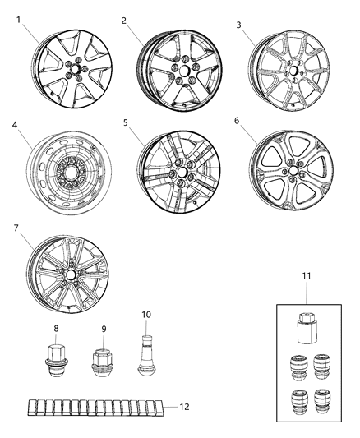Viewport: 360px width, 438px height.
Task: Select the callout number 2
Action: pos(123,20)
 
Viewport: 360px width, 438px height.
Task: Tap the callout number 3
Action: pos(238,25)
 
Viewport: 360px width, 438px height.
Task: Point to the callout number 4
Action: pos(16,126)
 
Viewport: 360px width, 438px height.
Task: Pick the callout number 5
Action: pos(125,123)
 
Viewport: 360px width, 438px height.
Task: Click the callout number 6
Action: pos(238,120)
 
